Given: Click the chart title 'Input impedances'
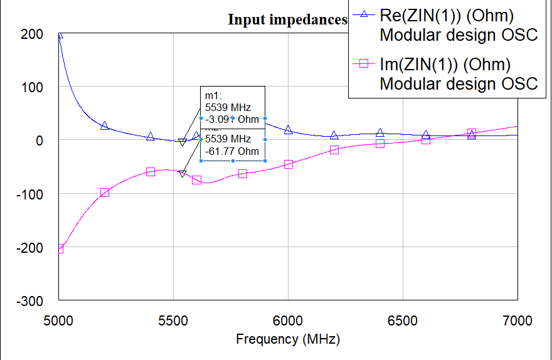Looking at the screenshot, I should point(287,19).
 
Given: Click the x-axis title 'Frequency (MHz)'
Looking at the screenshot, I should point(288,339).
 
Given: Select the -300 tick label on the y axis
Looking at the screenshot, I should point(30,301).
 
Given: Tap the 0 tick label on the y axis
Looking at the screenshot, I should point(39,140).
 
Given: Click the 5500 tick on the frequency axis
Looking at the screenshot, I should point(173,321).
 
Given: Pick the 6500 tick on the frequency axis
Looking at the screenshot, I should point(403,321).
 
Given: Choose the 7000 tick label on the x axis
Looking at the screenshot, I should point(517,321).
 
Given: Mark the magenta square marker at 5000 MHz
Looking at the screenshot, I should point(60,249).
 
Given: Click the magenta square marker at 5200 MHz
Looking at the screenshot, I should point(105,193).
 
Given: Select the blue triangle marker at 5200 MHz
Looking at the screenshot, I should point(105,126).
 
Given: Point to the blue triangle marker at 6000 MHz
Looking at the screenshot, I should point(289,130).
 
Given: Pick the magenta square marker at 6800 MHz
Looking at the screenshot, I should point(472,133).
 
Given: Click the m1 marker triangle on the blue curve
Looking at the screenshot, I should point(182,142).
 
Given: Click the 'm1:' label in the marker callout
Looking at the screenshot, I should point(214,95).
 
